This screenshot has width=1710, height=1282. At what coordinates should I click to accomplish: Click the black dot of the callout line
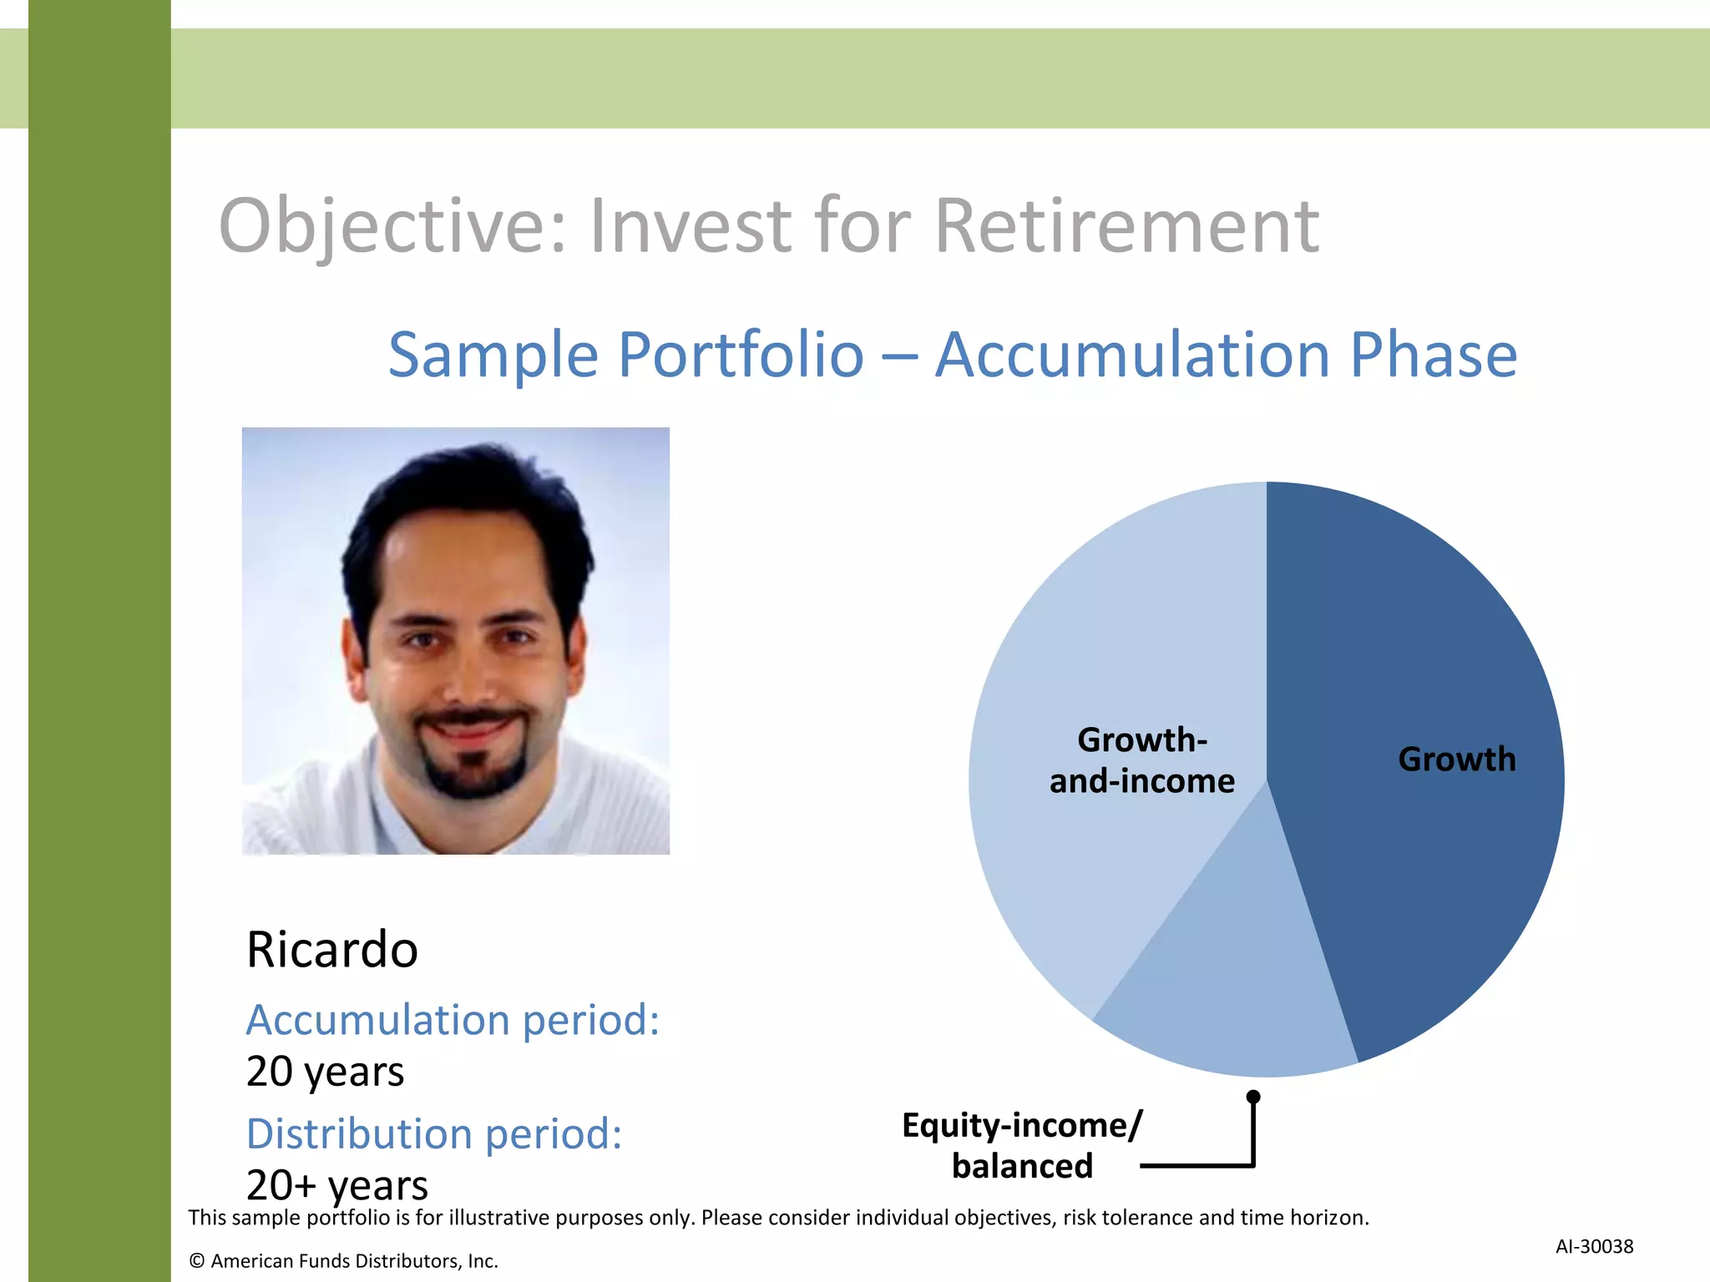(x=1253, y=1097)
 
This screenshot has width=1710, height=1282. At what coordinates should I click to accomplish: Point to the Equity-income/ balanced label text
(x=1022, y=1145)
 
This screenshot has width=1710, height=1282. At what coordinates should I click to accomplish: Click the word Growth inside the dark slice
(x=1457, y=760)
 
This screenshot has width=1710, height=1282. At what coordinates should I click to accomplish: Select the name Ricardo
(x=331, y=950)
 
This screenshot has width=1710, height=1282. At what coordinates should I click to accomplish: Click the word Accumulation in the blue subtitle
(x=1131, y=355)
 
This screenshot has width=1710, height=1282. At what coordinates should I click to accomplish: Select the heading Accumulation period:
(x=453, y=1020)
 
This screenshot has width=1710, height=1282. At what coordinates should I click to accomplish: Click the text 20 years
(x=325, y=1072)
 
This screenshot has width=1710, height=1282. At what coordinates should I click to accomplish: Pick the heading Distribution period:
(x=434, y=1133)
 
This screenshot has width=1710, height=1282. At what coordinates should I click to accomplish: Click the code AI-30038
(x=1594, y=1246)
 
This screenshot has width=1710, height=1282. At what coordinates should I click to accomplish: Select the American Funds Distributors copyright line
(x=343, y=1260)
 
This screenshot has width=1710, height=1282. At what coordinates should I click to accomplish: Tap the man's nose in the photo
(x=468, y=676)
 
